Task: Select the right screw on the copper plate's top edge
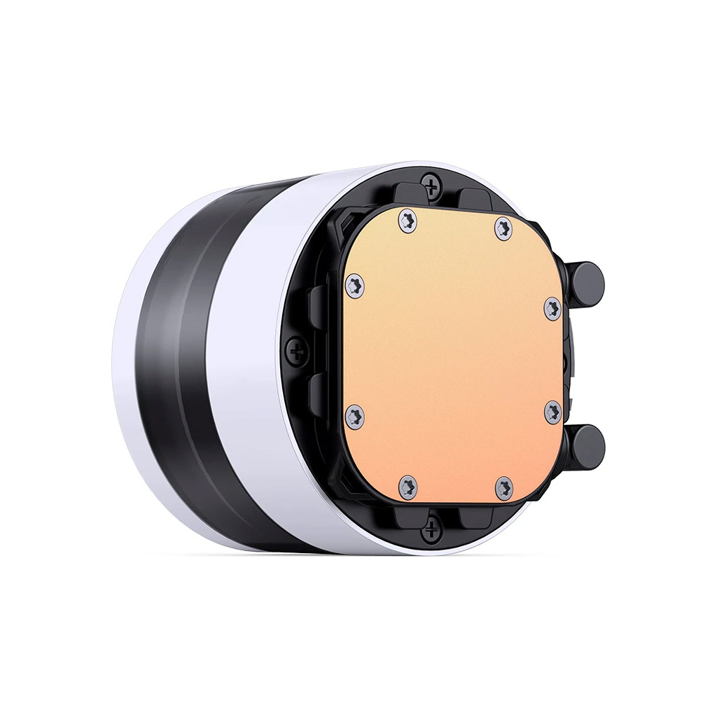(503, 227)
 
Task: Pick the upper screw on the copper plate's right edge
(552, 309)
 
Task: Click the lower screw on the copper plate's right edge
(552, 413)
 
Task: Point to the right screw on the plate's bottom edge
(504, 487)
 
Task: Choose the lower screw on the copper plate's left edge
(355, 417)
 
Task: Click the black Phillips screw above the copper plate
(432, 185)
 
